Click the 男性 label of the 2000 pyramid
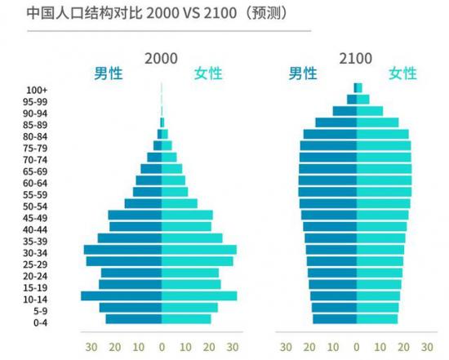click(108, 74)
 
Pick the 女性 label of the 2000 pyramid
click(207, 74)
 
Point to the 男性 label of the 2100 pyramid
click(303, 74)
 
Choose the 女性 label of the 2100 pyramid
click(402, 74)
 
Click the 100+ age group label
click(36, 89)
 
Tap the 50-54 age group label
click(36, 206)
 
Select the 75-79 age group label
click(36, 148)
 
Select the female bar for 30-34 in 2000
click(198, 250)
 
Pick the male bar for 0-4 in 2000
click(133, 319)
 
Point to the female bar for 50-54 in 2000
click(179, 203)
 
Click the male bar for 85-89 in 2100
click(336, 122)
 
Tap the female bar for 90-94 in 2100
click(369, 111)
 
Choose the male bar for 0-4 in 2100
click(335, 319)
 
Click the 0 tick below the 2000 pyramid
click(161, 346)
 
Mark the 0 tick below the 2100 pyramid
click(356, 346)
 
